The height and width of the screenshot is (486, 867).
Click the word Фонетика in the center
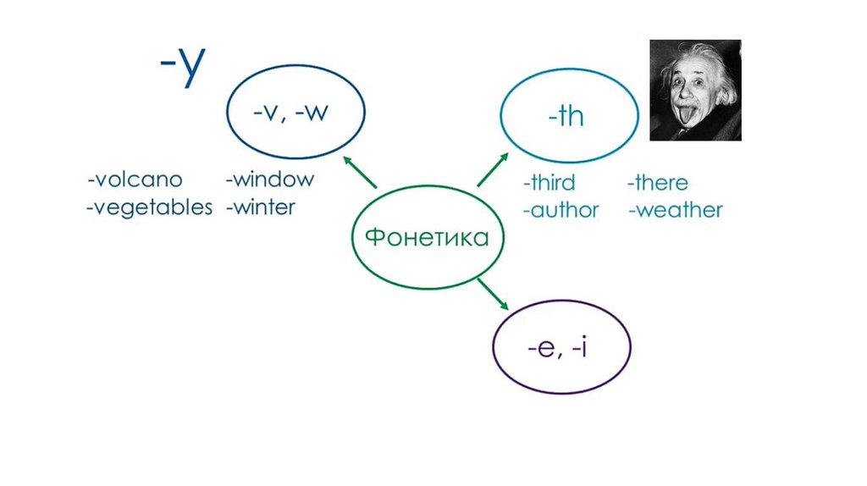[x=427, y=237]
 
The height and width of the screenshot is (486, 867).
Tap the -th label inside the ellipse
[x=566, y=116]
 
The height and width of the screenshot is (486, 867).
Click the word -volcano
[x=135, y=179]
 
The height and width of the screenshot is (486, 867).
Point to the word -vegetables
[x=149, y=208]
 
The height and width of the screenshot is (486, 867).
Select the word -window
[x=270, y=179]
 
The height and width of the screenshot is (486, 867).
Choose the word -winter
[x=261, y=207]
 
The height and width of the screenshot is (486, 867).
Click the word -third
[x=549, y=182]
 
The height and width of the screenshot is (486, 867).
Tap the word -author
[x=561, y=210]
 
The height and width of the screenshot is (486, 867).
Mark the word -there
[x=657, y=182]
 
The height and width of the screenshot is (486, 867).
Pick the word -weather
[x=676, y=210]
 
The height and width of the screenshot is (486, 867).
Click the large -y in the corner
[x=183, y=65]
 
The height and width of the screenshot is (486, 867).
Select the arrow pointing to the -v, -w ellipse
[x=360, y=172]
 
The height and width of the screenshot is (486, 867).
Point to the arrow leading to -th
[x=493, y=169]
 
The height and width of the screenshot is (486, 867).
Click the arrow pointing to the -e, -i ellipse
[x=493, y=295]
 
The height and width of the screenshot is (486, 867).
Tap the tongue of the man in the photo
[x=686, y=116]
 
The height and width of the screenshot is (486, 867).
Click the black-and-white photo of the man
[x=696, y=90]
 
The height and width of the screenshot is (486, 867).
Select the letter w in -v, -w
[x=317, y=113]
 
